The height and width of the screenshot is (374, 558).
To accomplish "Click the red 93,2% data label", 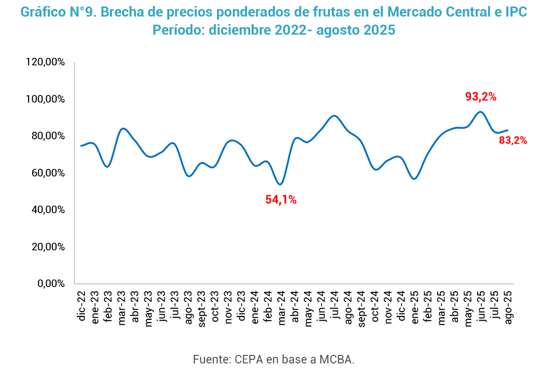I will (481, 97).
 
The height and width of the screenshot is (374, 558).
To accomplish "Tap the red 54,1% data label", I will (281, 200).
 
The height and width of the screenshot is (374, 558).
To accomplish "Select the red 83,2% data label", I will (513, 141).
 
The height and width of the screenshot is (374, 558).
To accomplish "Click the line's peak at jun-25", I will (481, 112).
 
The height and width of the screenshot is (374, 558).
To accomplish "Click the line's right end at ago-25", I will (508, 130).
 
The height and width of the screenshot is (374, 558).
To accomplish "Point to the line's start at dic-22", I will (81, 146).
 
